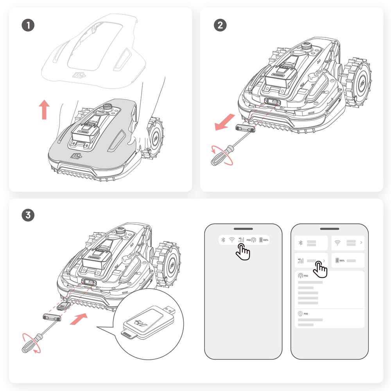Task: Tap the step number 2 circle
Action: point(220,25)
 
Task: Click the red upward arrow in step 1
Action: point(45,109)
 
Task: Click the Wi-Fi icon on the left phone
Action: point(231,240)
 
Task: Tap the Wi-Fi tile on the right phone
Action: point(348,243)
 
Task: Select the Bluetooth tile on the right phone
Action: point(311,243)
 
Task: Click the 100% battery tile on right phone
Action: point(348,260)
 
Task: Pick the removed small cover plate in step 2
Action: point(245,127)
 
